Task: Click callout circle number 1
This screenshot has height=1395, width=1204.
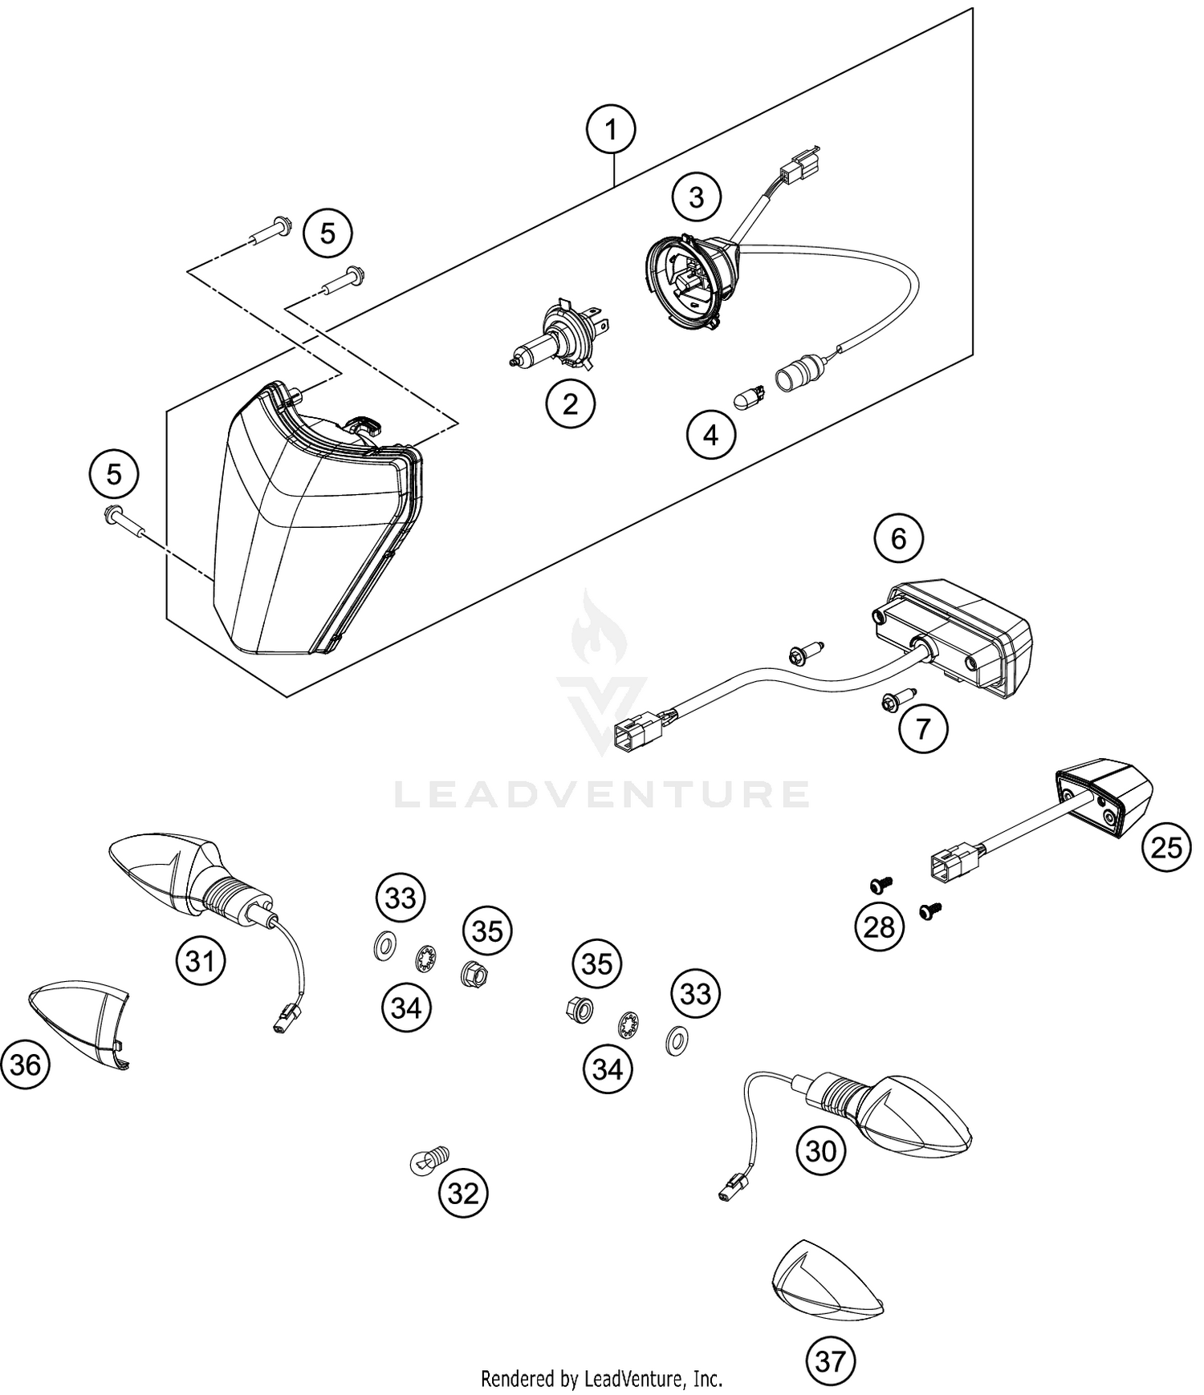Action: click(611, 128)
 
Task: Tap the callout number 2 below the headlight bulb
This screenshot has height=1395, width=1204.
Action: click(570, 403)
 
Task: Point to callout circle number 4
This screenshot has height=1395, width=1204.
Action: click(710, 435)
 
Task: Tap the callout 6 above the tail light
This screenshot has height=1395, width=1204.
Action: click(898, 538)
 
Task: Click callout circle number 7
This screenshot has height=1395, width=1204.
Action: click(923, 728)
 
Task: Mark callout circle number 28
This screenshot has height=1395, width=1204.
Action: click(879, 927)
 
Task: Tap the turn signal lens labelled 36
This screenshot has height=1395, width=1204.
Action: click(80, 1023)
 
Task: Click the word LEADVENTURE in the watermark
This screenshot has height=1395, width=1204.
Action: click(602, 794)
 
